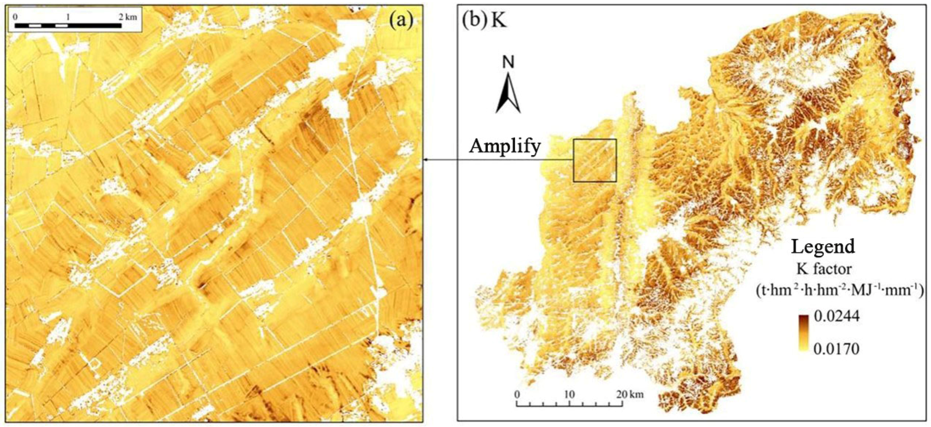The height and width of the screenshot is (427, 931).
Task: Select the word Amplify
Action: pos(505,146)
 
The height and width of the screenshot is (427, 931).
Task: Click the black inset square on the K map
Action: pos(595,160)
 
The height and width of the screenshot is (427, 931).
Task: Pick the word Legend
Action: pos(823,247)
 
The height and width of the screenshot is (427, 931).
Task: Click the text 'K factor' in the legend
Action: pos(823,269)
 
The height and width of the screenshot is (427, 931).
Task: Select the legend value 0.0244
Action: pos(836,317)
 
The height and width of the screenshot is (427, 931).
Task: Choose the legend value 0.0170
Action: pos(836,349)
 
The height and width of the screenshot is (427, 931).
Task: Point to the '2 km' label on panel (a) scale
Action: pos(129,17)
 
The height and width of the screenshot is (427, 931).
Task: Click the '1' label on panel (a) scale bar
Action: pos(68,17)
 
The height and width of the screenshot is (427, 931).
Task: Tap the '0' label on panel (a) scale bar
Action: pos(15,17)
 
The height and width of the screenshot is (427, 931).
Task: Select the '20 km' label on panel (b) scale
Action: pos(631,394)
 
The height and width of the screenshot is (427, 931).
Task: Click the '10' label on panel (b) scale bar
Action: pos(569,394)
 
